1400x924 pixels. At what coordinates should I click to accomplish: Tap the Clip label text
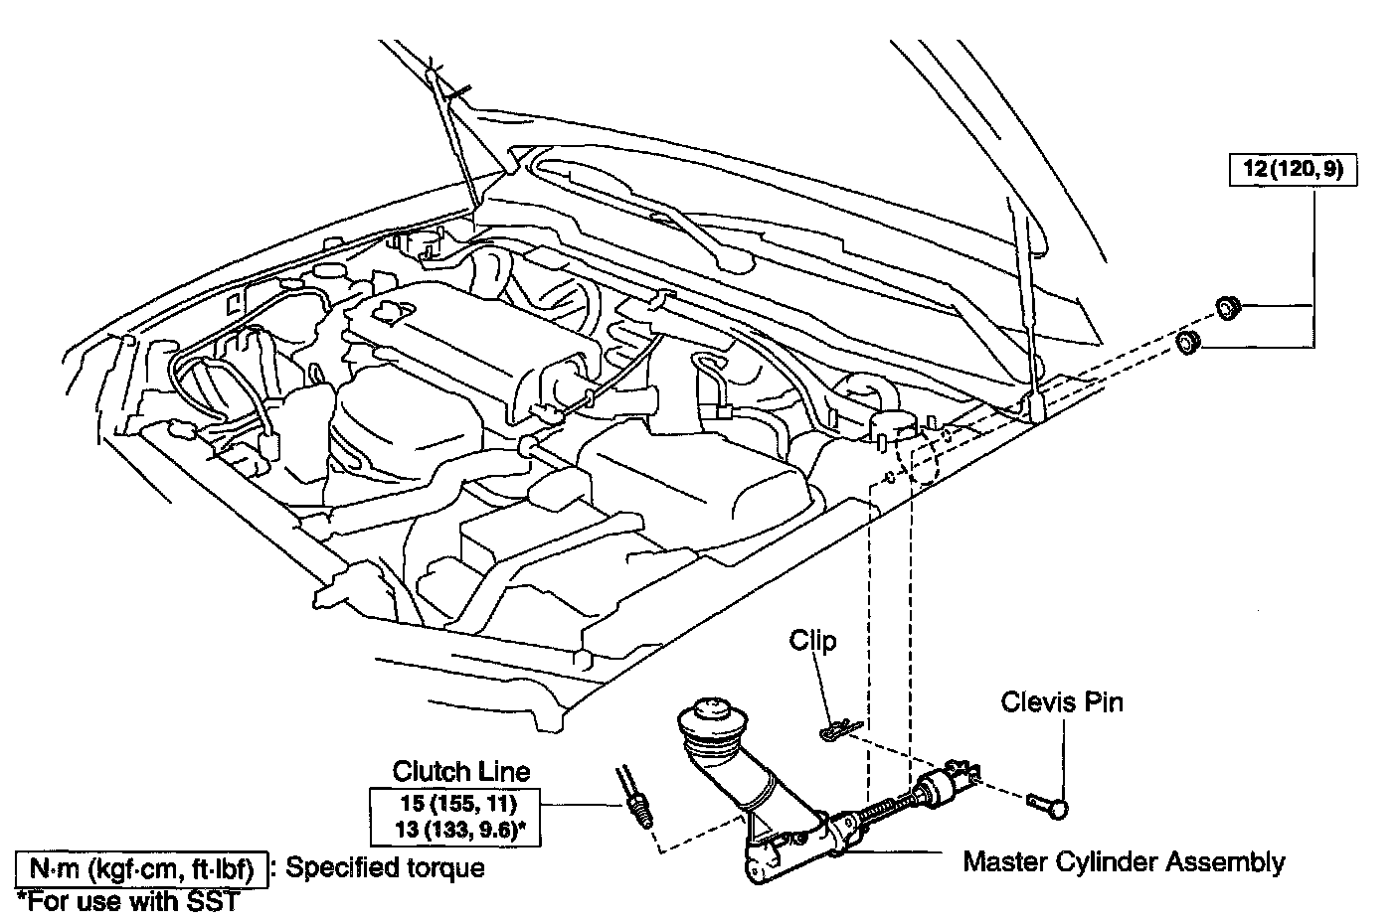point(812,641)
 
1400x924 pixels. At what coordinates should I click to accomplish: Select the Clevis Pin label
point(1062,702)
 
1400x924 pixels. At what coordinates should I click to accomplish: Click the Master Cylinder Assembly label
point(1123,861)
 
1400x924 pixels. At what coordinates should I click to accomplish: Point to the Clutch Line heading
point(461,770)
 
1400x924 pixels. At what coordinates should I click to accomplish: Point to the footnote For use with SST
point(129,902)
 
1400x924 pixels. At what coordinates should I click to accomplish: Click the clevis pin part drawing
point(1049,802)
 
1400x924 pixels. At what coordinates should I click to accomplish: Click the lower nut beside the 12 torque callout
point(1188,343)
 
